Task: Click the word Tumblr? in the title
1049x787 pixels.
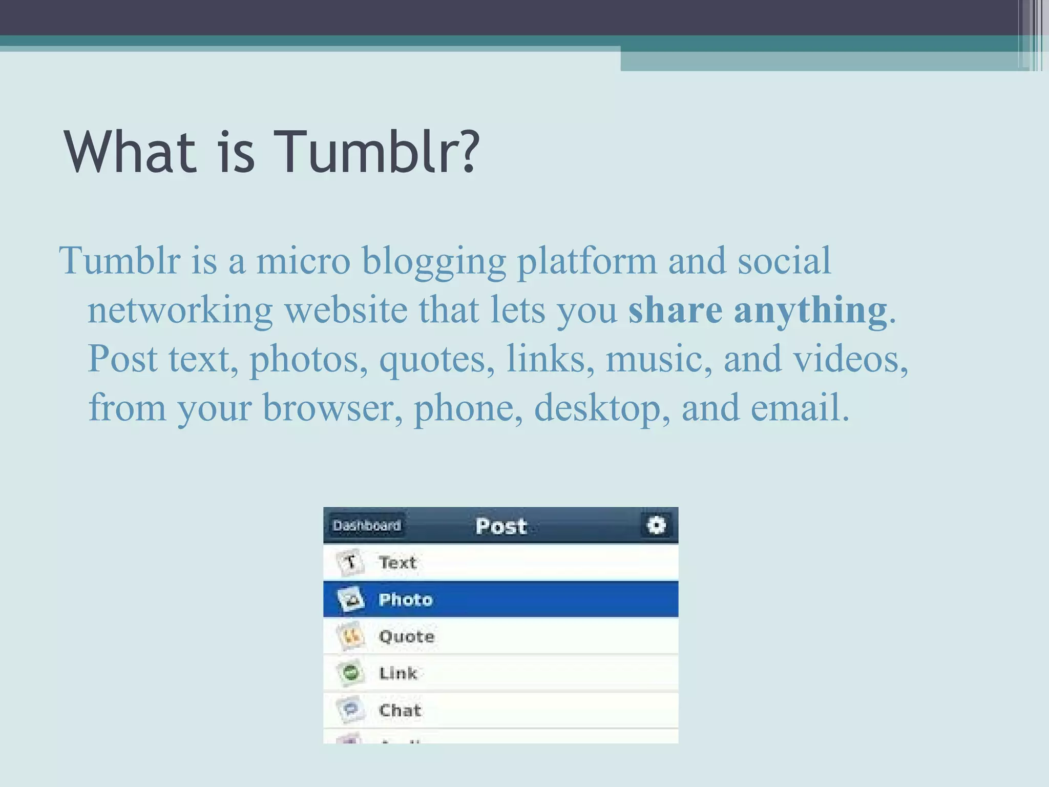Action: (376, 152)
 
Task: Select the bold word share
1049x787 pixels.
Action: (675, 310)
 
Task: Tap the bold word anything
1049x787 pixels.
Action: (810, 311)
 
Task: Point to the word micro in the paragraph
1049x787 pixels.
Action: (303, 261)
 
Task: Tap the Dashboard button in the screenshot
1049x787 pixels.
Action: (367, 526)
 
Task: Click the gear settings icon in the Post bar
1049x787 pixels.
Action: (656, 525)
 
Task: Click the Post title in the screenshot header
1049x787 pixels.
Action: (501, 526)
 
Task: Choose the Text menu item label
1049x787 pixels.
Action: (397, 563)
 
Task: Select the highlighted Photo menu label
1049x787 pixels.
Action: (405, 599)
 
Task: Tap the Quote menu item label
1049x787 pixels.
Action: (406, 636)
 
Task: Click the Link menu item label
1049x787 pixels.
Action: (398, 673)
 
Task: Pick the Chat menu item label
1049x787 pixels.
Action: (400, 711)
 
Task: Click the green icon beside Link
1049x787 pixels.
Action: (351, 673)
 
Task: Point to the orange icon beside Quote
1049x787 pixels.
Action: (351, 636)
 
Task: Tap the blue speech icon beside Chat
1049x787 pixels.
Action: (351, 710)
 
